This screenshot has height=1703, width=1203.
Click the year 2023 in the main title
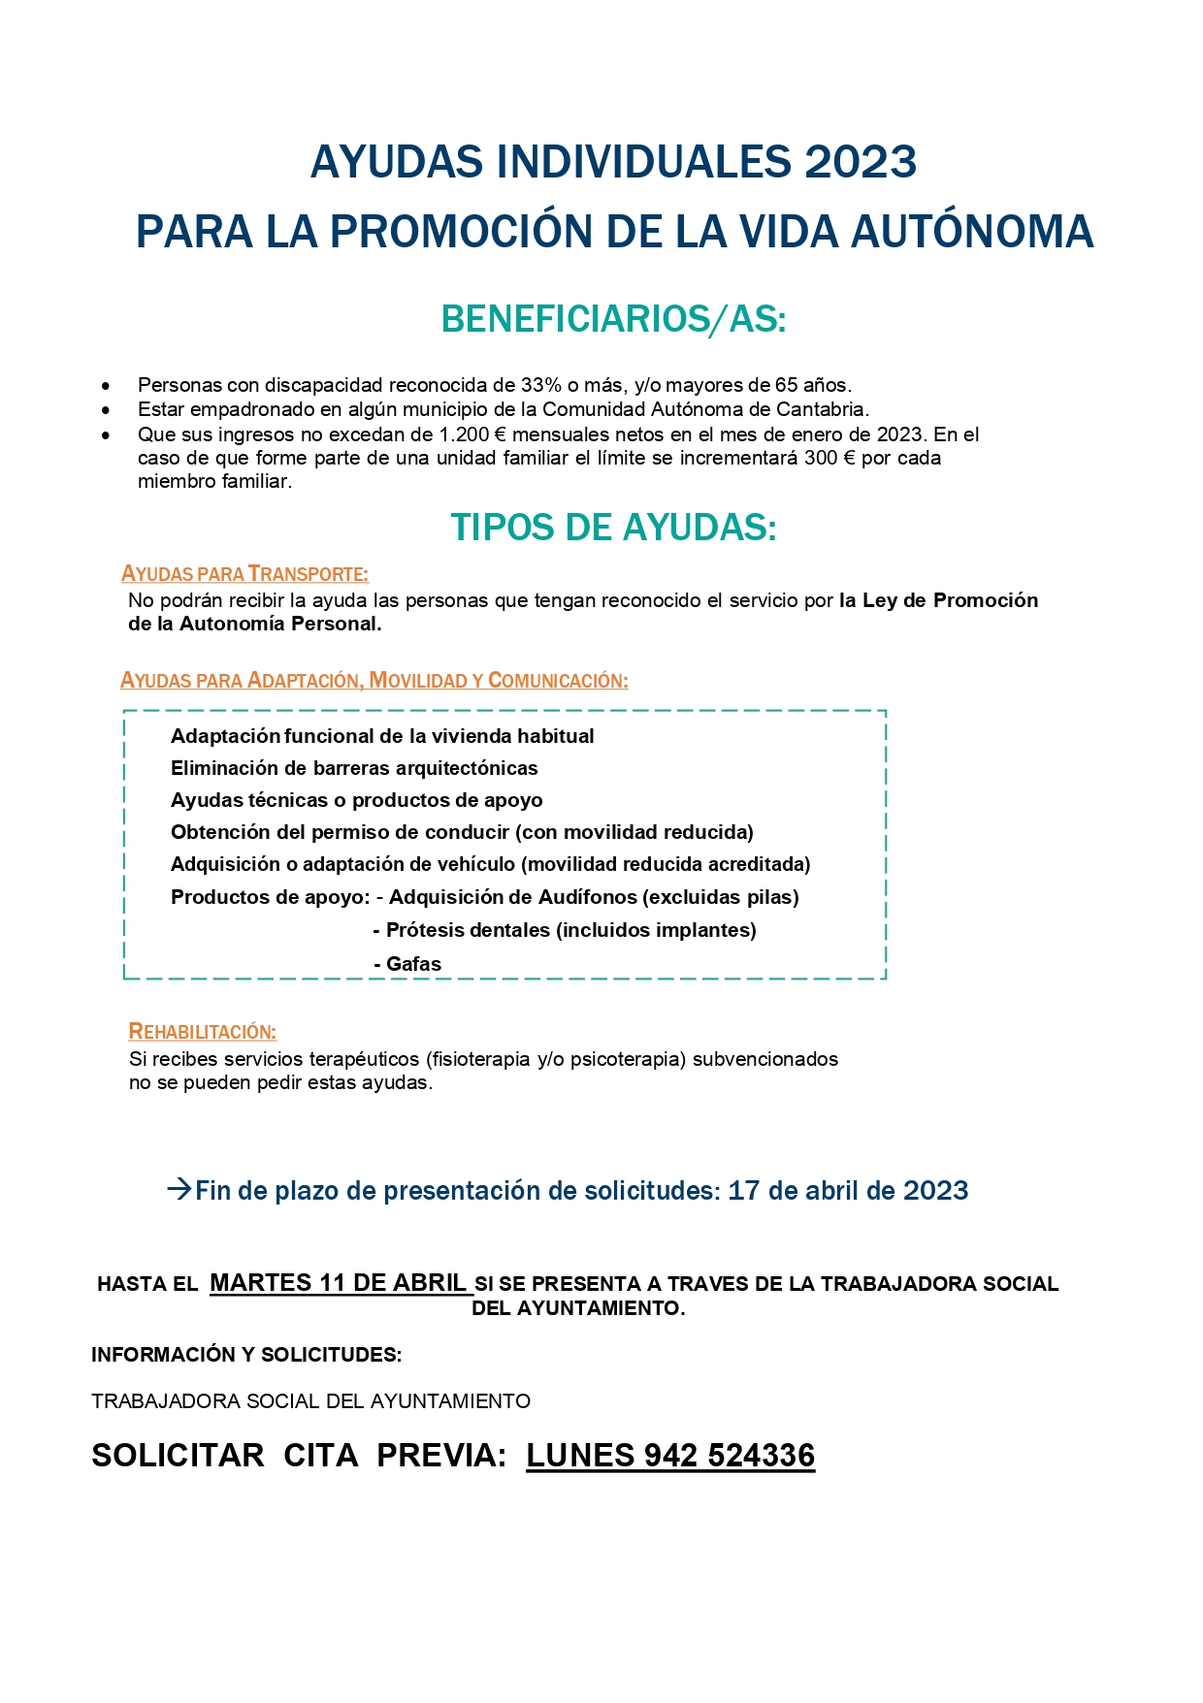coord(860,162)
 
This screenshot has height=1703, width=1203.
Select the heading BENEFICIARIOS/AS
coord(613,319)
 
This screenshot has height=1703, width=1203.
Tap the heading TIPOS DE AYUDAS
coord(613,528)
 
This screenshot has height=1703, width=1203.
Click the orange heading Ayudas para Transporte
coord(244,574)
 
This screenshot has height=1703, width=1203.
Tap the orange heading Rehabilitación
coord(203,1032)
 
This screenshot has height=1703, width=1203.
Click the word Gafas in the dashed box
coord(413,964)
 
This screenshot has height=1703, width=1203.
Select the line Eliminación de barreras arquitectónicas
coord(354,768)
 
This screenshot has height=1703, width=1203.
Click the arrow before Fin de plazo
coord(179,1189)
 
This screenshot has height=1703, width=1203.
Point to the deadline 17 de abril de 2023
coord(848,1191)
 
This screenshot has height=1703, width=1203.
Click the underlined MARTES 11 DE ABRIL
coord(339,1283)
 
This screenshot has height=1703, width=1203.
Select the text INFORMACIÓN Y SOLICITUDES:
coord(246,1355)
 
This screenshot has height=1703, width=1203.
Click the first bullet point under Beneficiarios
coord(106,386)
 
